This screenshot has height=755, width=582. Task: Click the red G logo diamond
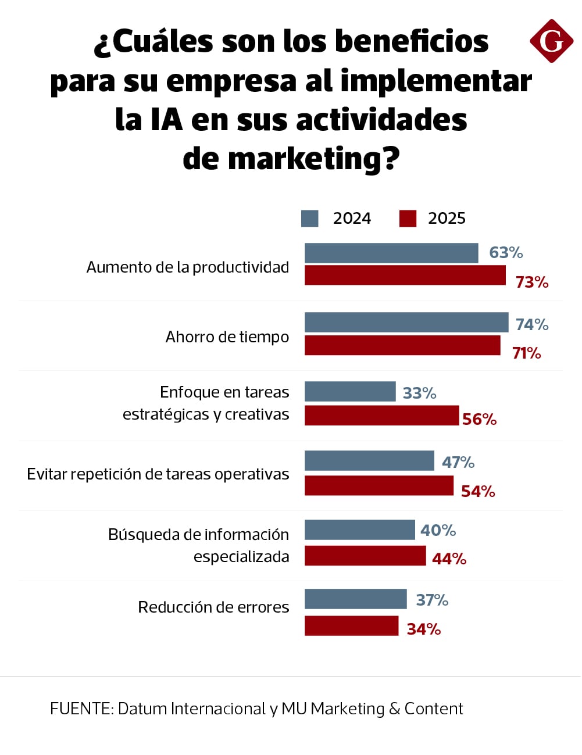tap(551, 41)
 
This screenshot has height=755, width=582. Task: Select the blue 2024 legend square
tap(309, 219)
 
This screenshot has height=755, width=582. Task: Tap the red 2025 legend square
tap(408, 219)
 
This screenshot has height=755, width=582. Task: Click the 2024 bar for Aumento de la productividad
tap(391, 253)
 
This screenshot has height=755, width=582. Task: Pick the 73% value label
tap(532, 282)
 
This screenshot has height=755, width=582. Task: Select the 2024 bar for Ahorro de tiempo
tap(406, 323)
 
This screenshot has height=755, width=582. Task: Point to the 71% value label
tap(526, 353)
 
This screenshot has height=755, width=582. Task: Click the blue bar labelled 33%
tap(350, 392)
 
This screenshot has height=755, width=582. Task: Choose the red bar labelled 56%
tap(381, 416)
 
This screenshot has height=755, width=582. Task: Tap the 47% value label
tap(458, 463)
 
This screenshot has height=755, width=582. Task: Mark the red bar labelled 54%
tap(379, 486)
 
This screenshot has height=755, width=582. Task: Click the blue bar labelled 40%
tap(359, 530)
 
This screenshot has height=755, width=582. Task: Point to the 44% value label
tap(449, 559)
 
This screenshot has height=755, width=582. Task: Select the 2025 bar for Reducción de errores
tap(351, 626)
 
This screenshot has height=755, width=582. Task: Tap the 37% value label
tap(432, 600)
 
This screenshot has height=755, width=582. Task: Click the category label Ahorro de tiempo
tap(227, 337)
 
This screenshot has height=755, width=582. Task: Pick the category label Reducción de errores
tap(213, 607)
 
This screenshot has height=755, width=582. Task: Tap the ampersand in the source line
tap(394, 709)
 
